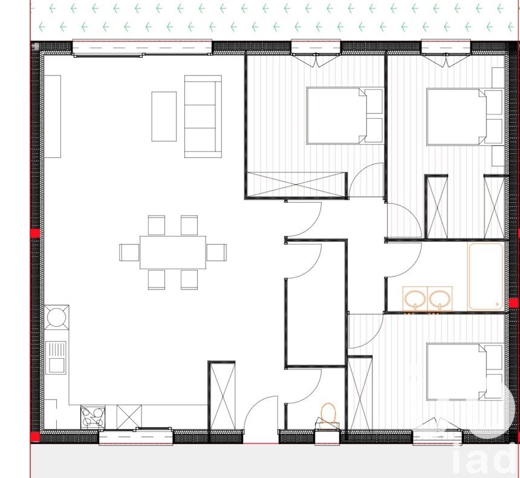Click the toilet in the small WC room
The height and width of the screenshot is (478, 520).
328,416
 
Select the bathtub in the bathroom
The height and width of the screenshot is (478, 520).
486,277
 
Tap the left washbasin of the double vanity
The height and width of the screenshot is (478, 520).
415,299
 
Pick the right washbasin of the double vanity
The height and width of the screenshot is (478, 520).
440,299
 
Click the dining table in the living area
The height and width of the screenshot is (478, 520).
173,252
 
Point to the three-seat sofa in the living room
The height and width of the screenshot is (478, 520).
203,116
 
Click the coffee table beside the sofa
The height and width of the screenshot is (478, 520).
164,117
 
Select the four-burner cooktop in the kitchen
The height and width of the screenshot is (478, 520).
93,417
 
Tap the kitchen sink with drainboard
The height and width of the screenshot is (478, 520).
57,358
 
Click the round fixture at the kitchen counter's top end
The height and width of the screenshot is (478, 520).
57,317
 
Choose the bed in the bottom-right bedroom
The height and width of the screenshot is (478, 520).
465,372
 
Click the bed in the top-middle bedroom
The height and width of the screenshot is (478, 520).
345,116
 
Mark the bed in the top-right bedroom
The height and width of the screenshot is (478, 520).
465,117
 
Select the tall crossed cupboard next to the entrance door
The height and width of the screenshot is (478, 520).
222,396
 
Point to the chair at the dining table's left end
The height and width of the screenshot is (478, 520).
129,252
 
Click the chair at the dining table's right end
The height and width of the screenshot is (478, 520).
216,252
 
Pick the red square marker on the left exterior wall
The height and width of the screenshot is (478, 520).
35,233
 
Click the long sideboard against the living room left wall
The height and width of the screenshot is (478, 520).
53,117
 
